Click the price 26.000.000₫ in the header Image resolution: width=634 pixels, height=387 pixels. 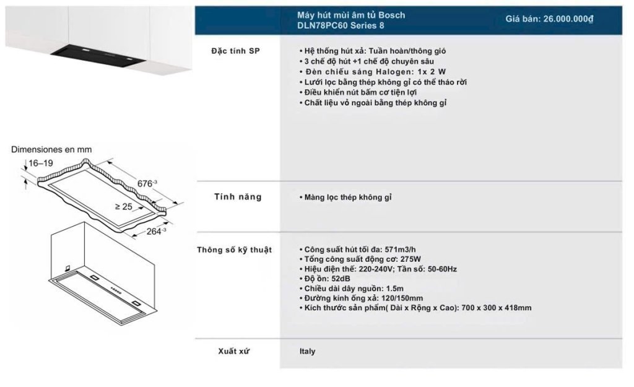[568, 19]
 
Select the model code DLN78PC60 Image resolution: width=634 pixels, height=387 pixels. [322, 25]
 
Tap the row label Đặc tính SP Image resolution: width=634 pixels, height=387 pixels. [235, 51]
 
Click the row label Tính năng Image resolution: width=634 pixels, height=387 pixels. [238, 197]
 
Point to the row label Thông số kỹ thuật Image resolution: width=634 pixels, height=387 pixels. [234, 250]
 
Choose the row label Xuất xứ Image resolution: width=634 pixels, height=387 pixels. [233, 351]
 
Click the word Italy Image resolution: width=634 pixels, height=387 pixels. [307, 352]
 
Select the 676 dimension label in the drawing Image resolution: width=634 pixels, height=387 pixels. [147, 183]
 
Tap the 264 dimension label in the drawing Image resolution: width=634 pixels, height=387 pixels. [156, 232]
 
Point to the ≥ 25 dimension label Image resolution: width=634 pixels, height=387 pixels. [124, 207]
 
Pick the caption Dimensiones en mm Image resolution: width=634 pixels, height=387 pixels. [51, 149]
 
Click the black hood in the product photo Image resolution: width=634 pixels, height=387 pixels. [98, 56]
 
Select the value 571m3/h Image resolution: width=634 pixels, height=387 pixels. [400, 250]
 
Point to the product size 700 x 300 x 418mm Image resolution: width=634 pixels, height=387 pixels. [496, 308]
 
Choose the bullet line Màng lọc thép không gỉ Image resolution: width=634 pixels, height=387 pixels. [345, 198]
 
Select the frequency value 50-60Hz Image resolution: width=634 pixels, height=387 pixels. [441, 269]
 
